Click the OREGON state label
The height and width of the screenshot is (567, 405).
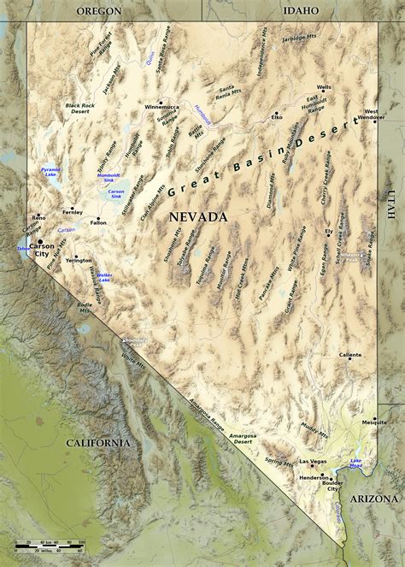98,10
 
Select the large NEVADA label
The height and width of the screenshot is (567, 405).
197,217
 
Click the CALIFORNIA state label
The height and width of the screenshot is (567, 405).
98,443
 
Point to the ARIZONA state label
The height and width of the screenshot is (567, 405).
374,498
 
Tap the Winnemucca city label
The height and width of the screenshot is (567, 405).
163,107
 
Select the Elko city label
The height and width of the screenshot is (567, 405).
276,116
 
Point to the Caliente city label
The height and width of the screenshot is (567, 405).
349,354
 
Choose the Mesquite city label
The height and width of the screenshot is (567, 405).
374,422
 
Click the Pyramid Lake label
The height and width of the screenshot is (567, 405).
51,173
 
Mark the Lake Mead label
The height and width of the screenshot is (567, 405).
356,464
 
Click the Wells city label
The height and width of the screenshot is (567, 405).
324,87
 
